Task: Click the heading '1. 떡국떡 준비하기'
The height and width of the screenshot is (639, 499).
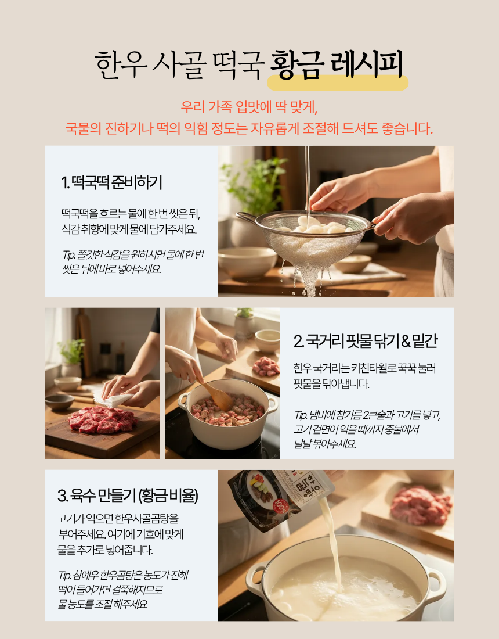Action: tap(111, 182)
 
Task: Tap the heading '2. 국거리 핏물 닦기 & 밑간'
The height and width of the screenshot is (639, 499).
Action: tap(365, 340)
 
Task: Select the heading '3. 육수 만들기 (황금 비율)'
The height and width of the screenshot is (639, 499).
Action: tap(128, 496)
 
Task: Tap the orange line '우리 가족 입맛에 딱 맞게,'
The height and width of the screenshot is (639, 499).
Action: tap(249, 107)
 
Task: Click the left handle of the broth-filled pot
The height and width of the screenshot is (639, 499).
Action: tap(255, 579)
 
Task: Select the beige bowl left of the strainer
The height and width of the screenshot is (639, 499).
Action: tap(247, 263)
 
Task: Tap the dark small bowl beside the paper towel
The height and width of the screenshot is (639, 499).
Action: tap(59, 402)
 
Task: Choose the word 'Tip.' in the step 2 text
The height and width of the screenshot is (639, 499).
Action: tap(301, 415)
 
